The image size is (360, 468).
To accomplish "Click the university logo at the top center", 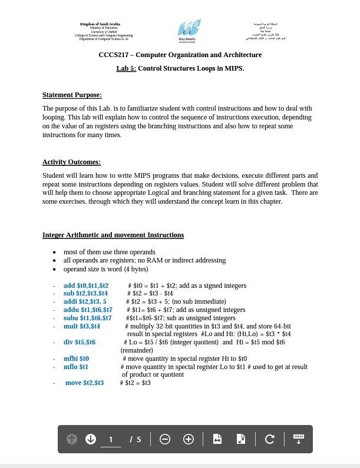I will click(189, 30).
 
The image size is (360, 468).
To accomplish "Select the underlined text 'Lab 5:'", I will click(126, 68).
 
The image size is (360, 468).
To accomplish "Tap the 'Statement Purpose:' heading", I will click(72, 95).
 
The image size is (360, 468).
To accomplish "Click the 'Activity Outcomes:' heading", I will click(71, 162).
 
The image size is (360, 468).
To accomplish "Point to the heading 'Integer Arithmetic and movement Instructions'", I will click(113, 235).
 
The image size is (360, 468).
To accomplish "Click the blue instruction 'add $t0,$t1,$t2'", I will click(86, 286).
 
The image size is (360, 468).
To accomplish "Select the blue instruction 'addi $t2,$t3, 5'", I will click(85, 301).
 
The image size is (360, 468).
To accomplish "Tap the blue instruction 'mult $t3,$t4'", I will click(82, 326).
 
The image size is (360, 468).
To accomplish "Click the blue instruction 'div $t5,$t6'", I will click(80, 342).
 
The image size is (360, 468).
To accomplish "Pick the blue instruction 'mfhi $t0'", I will click(77, 359).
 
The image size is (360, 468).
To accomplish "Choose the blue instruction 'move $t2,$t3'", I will click(84, 383).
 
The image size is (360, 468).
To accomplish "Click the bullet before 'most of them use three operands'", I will click(54, 252).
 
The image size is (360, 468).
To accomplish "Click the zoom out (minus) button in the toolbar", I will click(165, 439).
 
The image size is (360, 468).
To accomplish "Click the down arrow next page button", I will click(91, 439).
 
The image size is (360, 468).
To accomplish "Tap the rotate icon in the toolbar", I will click(270, 439).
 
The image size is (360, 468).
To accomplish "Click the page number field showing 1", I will click(111, 439).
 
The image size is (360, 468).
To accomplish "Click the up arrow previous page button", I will click(72, 439).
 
